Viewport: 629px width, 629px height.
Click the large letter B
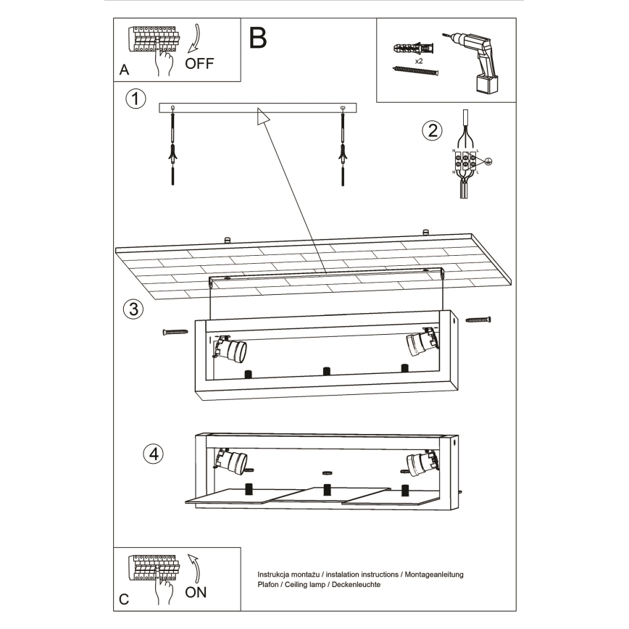[258, 38]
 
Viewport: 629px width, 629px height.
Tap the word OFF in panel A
[199, 63]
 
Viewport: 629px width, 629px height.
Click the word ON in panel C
[196, 592]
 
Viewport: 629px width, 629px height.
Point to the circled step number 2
[432, 130]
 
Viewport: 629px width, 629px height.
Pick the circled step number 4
[153, 454]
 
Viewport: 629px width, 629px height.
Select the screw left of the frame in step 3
[175, 332]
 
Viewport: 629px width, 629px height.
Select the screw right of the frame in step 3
[478, 319]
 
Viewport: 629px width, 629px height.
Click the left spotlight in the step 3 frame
[231, 349]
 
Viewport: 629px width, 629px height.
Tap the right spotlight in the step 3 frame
[422, 341]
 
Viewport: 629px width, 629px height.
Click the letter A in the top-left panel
[124, 71]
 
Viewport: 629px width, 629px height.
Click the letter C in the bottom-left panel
[124, 599]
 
